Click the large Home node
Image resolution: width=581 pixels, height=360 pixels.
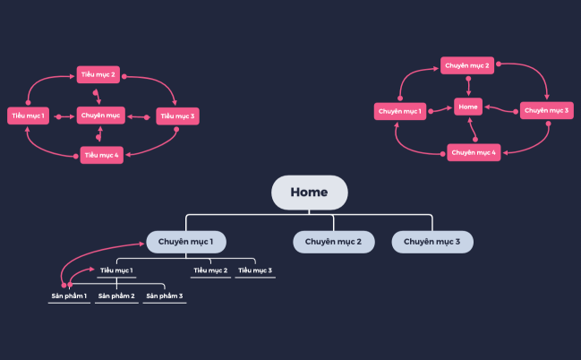click(x=309, y=193)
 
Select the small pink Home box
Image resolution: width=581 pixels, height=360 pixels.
click(x=467, y=106)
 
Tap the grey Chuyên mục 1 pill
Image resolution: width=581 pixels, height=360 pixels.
click(x=186, y=242)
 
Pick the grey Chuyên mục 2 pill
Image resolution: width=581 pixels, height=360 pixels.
click(x=333, y=242)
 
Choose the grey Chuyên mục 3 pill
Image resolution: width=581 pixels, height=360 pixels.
click(x=432, y=242)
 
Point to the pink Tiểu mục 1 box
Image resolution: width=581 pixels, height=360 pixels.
click(x=29, y=116)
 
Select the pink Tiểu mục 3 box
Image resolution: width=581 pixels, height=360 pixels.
click(x=177, y=116)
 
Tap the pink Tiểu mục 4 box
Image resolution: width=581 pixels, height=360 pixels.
click(x=100, y=155)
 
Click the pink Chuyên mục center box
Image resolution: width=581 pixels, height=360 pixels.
click(x=100, y=116)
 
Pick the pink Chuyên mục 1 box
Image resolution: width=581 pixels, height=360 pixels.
click(x=399, y=111)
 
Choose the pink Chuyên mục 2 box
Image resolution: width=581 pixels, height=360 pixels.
click(x=467, y=65)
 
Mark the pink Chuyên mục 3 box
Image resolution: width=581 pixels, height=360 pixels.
click(x=546, y=111)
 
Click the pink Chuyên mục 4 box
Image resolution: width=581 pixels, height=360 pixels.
click(x=474, y=153)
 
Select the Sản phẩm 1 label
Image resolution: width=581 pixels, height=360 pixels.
click(x=69, y=296)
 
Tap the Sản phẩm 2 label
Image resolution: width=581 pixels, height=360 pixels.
click(x=116, y=296)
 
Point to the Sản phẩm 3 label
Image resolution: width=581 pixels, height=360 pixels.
click(x=165, y=296)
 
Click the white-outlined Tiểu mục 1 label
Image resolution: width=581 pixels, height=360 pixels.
click(x=116, y=270)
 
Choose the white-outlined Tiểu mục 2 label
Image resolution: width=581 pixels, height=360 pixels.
click(x=210, y=270)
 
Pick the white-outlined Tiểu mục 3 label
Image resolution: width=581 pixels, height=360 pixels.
click(x=255, y=270)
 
